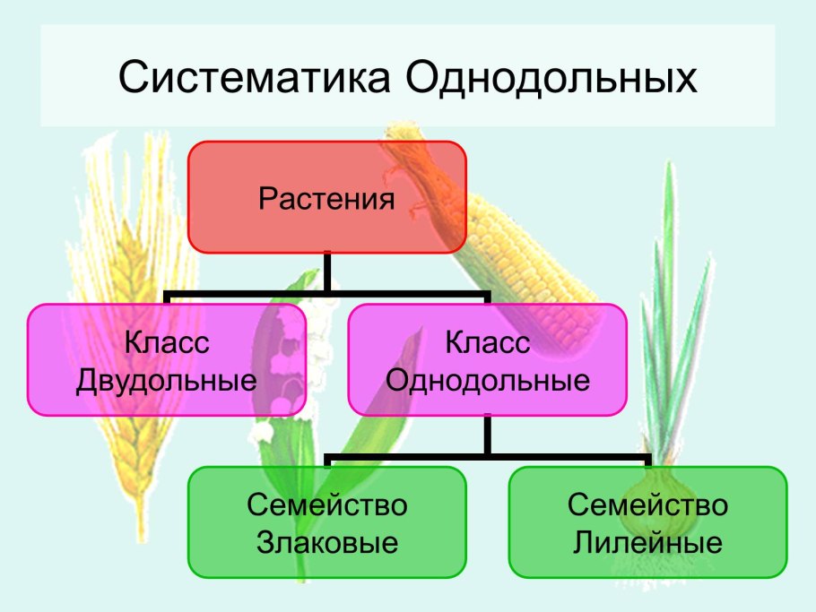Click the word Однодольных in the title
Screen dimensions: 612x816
tap(551, 78)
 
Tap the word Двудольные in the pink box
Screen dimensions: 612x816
tap(166, 381)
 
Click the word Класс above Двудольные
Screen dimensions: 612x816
tap(166, 342)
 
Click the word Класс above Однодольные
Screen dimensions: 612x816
tap(487, 342)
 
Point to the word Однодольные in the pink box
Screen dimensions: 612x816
tap(487, 381)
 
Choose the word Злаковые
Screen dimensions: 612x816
tap(327, 543)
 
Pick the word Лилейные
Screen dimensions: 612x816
tap(647, 543)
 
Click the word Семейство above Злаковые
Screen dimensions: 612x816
tap(327, 505)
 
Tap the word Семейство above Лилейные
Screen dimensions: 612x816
tap(647, 505)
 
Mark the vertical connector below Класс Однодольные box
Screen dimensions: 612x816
tap(487, 435)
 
